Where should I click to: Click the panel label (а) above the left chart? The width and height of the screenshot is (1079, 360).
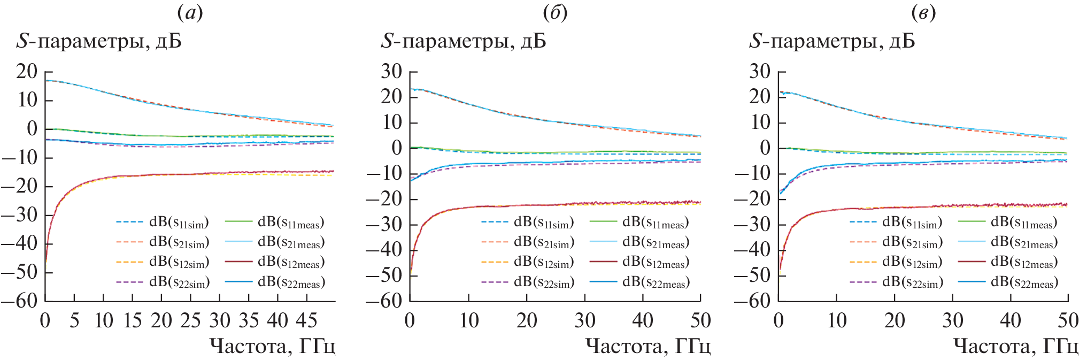tap(190, 13)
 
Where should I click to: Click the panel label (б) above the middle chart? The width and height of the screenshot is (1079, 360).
tap(554, 13)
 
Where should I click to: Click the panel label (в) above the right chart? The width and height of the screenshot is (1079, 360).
tap(923, 13)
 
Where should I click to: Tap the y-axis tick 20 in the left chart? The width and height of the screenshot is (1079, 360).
tap(26, 71)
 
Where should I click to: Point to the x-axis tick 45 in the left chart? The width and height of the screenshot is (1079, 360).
tap(306, 320)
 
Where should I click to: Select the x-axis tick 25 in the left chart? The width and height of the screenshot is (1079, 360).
tap(190, 320)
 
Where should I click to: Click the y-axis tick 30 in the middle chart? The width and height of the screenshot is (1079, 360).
tap(391, 71)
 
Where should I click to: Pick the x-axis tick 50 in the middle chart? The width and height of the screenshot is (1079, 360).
tap(700, 320)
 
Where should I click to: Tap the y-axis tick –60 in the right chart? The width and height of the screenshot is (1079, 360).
tap(752, 301)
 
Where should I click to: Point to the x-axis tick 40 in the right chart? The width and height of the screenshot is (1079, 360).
tap(1010, 320)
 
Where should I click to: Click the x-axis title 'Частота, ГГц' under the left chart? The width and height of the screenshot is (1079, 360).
tap(272, 347)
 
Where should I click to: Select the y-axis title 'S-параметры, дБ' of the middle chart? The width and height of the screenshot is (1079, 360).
tap(463, 41)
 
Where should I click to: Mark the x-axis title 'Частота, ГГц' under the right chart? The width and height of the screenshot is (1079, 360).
tap(1015, 347)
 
